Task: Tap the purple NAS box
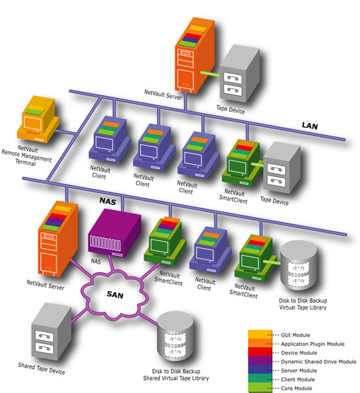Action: [114, 233]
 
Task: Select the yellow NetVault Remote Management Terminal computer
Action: [38, 119]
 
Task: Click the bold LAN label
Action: [310, 126]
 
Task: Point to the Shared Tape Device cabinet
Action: [52, 332]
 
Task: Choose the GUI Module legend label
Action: [295, 335]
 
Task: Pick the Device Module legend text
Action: [299, 353]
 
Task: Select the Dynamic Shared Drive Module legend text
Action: [318, 362]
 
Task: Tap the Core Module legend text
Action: [296, 388]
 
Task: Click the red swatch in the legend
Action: [260, 352]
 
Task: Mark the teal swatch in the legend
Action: [260, 378]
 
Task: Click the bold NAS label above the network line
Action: [108, 201]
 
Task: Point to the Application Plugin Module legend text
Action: [313, 344]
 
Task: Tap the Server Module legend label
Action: [298, 370]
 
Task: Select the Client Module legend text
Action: [298, 380]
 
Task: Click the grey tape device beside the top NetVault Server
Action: [240, 74]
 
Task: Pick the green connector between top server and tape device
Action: [210, 74]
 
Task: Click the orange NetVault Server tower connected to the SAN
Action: [58, 239]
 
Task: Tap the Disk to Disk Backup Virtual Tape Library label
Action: [303, 304]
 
